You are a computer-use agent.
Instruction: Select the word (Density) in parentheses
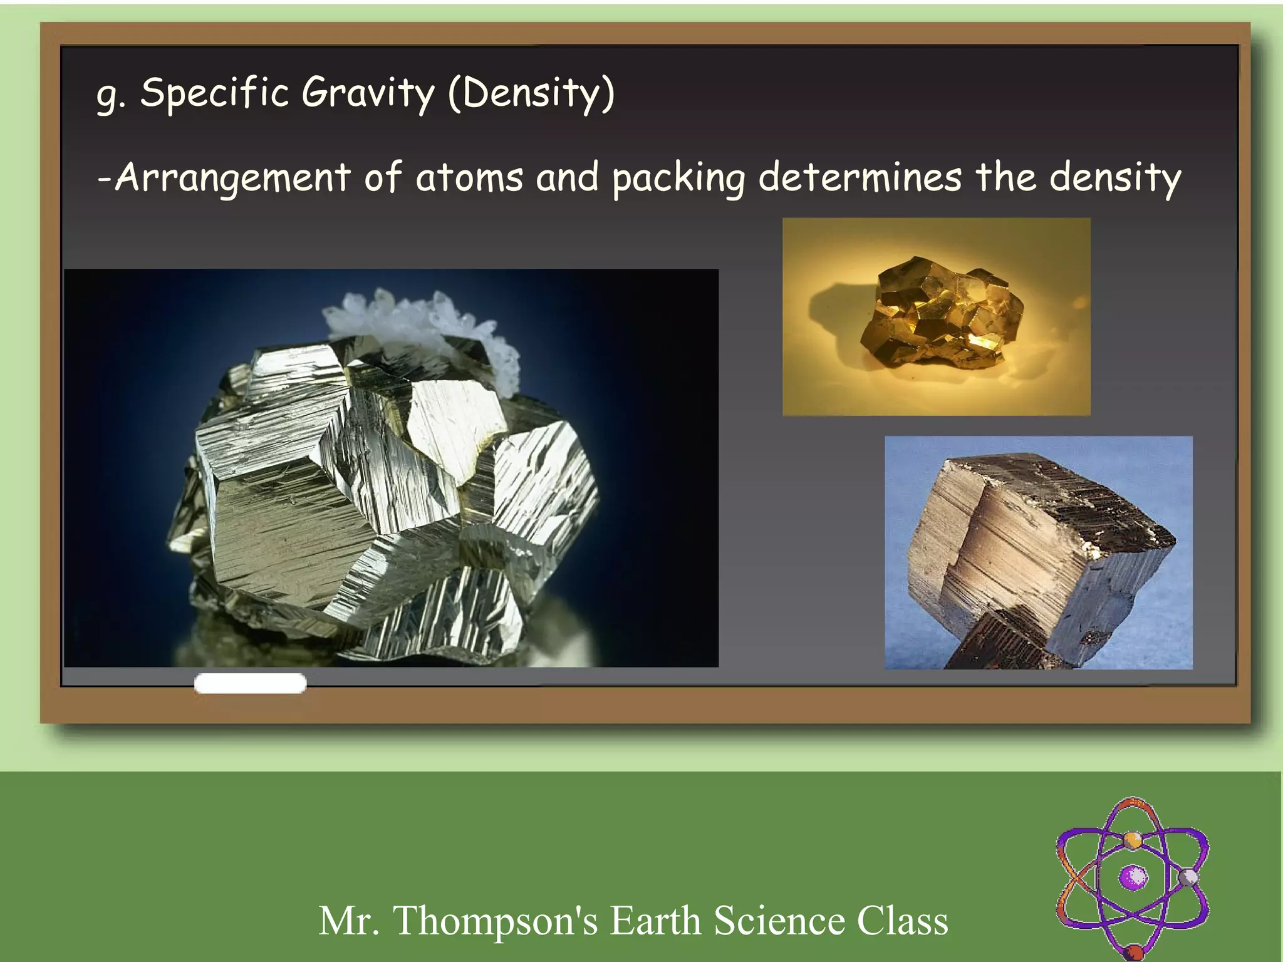(531, 94)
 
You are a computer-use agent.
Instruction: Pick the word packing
(678, 178)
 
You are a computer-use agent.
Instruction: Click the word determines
(860, 177)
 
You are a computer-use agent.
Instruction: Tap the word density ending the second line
(1115, 178)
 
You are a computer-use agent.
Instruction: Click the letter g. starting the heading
(110, 95)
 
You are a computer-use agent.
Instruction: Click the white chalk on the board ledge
(250, 683)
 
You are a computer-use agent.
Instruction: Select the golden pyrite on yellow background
(940, 313)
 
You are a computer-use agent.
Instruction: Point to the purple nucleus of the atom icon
(1133, 877)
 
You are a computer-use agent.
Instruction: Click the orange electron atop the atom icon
(1132, 839)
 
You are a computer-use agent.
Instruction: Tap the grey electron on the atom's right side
(1188, 877)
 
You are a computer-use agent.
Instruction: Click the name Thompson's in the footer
(495, 921)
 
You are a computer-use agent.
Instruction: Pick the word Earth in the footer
(655, 921)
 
